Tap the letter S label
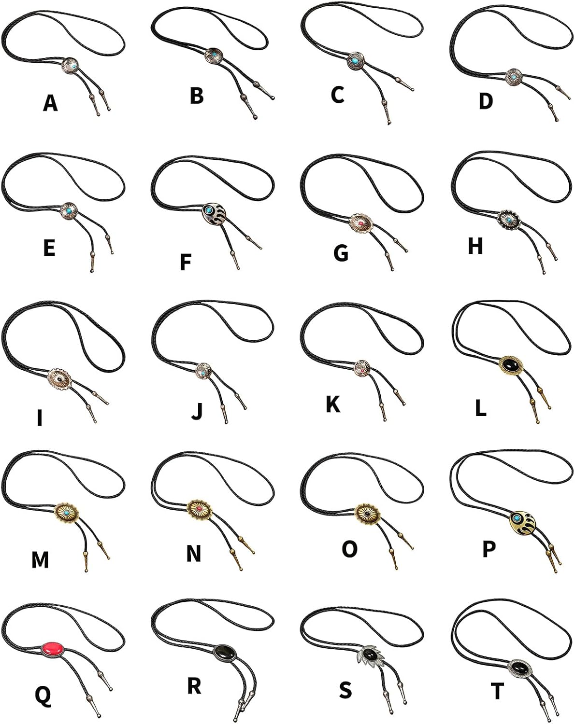point(345,690)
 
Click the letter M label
point(41,559)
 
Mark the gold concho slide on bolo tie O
point(368,514)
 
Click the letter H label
point(475,246)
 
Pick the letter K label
point(333,404)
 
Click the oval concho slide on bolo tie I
point(60,379)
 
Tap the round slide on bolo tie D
point(515,76)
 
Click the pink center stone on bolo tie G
point(361,223)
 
